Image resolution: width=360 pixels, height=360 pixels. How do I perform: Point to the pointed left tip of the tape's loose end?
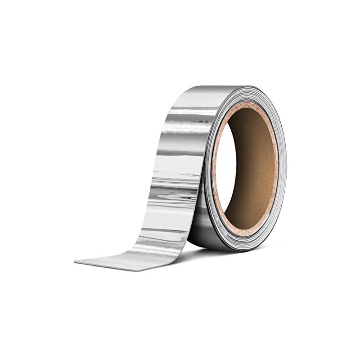point(75,261)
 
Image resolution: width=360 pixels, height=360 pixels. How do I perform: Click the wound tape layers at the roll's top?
point(252,92)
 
